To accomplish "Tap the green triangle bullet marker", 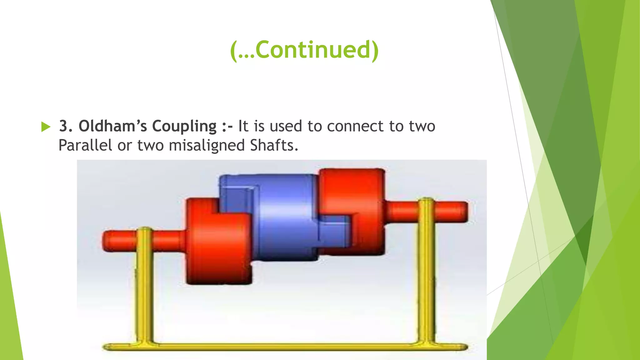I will tap(46, 127).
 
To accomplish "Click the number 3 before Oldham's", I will tap(63, 126).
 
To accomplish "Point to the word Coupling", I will tap(184, 127).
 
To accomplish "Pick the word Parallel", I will tap(85, 145).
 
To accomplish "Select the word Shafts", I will tap(274, 145).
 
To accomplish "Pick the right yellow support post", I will tap(426, 275).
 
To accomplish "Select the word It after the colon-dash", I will tap(243, 126).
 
